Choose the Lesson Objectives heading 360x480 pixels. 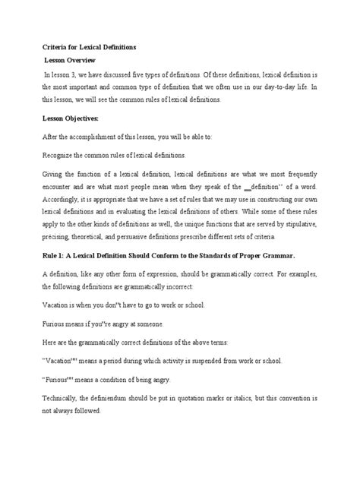coord(75,118)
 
